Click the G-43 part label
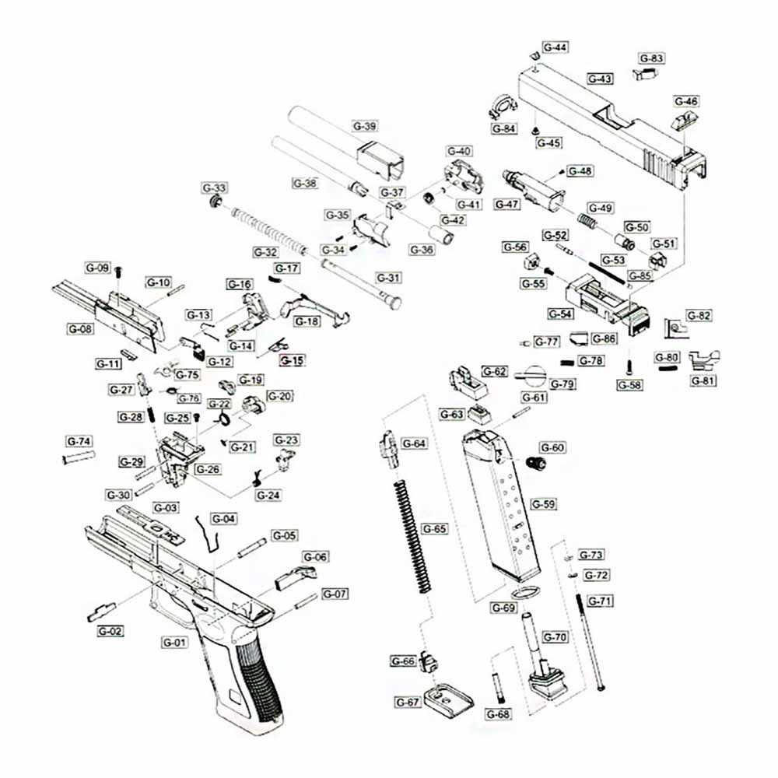[x=600, y=79]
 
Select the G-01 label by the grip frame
[x=175, y=643]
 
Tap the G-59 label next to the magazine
[x=544, y=504]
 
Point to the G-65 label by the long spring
[x=435, y=528]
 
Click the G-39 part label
[x=365, y=126]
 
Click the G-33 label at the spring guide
[x=214, y=188]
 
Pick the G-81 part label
[x=704, y=380]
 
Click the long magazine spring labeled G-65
[x=410, y=537]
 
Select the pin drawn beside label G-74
[x=79, y=456]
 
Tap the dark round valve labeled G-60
[x=536, y=463]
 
